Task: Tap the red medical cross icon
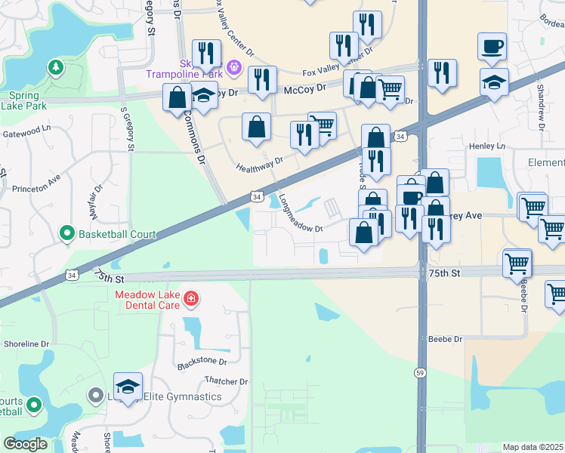pyautogui.click(x=191, y=299)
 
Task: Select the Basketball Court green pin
pyautogui.click(x=67, y=234)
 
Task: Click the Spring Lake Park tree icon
pyautogui.click(x=56, y=69)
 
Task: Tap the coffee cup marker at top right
pyautogui.click(x=492, y=47)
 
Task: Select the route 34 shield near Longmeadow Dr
pyautogui.click(x=258, y=197)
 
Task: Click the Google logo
pyautogui.click(x=25, y=444)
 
